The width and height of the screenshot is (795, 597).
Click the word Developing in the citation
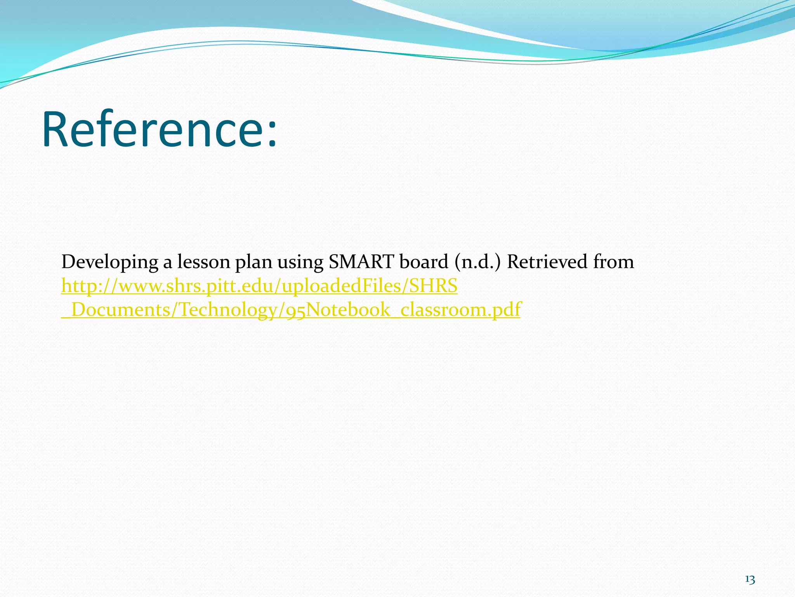click(110, 262)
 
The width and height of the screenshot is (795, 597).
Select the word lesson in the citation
click(204, 262)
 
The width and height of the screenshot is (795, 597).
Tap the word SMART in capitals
click(361, 262)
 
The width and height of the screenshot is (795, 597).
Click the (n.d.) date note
click(478, 262)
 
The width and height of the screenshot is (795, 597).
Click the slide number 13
click(750, 580)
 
